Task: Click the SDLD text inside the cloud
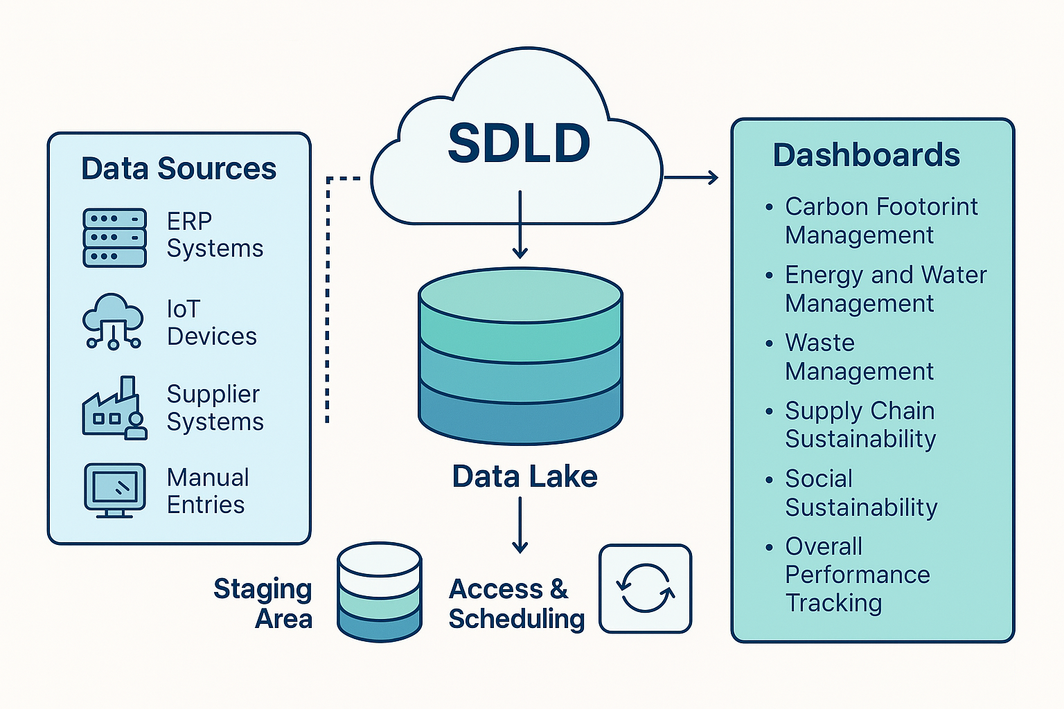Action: click(519, 143)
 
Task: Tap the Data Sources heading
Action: click(179, 168)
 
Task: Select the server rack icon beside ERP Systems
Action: click(114, 238)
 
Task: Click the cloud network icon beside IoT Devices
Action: click(113, 321)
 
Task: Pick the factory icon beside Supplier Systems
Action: click(114, 408)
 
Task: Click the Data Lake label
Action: click(524, 476)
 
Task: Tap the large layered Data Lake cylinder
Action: click(520, 356)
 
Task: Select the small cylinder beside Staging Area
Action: click(380, 592)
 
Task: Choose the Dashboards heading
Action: click(867, 155)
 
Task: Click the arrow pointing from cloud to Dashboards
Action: click(691, 178)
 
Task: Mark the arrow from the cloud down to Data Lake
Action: click(520, 224)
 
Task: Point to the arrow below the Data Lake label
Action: click(520, 526)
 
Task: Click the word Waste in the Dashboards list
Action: click(819, 343)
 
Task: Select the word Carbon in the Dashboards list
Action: click(827, 206)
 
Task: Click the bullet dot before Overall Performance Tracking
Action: click(770, 548)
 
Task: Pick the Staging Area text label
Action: click(263, 603)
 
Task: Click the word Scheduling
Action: click(516, 619)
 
